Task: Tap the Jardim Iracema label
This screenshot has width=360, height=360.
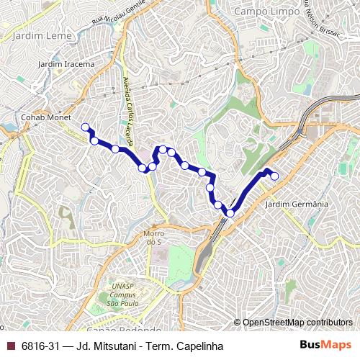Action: pos(66,64)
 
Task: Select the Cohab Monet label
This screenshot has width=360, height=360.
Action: pos(41,116)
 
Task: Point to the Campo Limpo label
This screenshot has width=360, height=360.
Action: pos(266,12)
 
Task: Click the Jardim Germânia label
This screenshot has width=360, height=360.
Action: pos(297,204)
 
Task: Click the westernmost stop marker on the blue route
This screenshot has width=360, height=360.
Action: pos(86,127)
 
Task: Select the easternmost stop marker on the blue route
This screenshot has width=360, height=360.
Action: pos(274,176)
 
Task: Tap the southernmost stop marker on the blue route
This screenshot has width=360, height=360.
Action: pos(230,212)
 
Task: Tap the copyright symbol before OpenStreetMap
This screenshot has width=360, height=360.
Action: pos(237,322)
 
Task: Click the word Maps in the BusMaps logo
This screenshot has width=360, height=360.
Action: pos(338,346)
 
